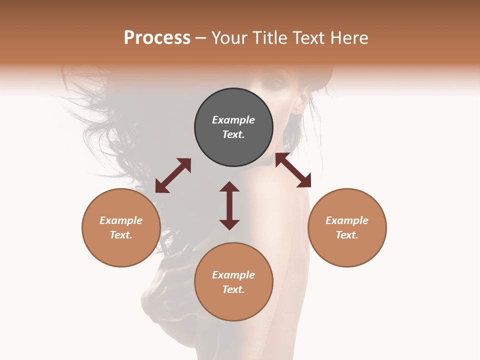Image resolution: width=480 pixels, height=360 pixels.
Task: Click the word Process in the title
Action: pyautogui.click(x=157, y=38)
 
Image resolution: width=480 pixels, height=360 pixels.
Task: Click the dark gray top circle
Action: pyautogui.click(x=233, y=127)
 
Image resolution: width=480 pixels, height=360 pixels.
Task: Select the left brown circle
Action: pyautogui.click(x=121, y=227)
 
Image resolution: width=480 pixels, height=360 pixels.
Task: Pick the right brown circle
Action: pyautogui.click(x=347, y=227)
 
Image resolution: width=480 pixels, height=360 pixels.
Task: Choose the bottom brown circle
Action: pyautogui.click(x=233, y=282)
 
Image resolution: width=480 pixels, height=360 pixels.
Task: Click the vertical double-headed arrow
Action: pyautogui.click(x=229, y=205)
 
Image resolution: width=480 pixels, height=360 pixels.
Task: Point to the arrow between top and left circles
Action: pyautogui.click(x=173, y=175)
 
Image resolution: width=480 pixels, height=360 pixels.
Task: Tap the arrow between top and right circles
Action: pyautogui.click(x=293, y=170)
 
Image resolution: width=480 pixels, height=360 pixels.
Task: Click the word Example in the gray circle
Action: pyautogui.click(x=233, y=120)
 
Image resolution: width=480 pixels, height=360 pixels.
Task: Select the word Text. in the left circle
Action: pyautogui.click(x=121, y=235)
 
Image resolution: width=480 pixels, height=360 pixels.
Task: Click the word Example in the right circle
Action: pyautogui.click(x=347, y=220)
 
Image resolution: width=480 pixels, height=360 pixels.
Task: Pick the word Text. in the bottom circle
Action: pyautogui.click(x=233, y=289)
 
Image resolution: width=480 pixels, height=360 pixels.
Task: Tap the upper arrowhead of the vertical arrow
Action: pyautogui.click(x=229, y=187)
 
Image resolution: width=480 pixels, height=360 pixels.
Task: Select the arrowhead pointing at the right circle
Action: pyautogui.click(x=304, y=181)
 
